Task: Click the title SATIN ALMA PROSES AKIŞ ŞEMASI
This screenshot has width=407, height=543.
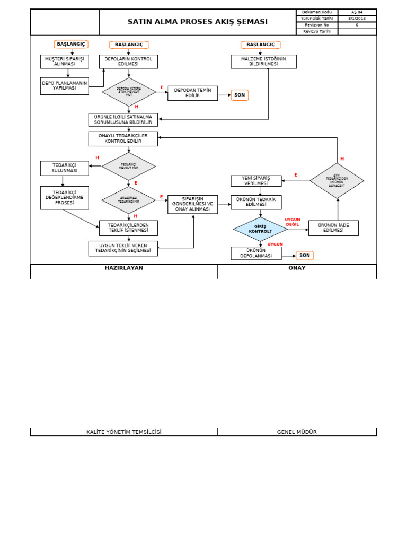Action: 198,22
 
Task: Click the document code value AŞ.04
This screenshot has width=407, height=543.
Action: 357,12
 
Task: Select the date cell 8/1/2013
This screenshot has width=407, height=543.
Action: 357,18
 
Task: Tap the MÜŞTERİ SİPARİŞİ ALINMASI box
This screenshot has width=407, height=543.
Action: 65,62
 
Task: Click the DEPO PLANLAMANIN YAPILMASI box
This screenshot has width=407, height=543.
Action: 65,86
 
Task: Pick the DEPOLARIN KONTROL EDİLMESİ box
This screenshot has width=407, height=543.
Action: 128,62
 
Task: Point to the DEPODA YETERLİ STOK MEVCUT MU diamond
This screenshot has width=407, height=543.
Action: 129,92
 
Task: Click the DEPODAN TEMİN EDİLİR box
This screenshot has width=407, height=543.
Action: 192,93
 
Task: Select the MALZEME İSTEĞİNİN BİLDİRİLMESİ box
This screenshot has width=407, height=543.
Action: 263,62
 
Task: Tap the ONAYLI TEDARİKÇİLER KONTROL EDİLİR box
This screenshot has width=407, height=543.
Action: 123,138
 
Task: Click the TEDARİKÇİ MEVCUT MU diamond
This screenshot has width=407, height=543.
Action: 128,167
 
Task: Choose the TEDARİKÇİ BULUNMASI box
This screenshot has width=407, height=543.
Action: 65,168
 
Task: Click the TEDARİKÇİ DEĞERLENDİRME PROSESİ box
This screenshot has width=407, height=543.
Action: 65,198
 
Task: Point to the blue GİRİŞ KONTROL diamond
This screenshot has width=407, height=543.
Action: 260,229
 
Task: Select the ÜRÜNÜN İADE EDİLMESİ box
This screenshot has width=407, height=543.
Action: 333,228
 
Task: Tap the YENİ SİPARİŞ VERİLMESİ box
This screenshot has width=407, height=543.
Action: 256,181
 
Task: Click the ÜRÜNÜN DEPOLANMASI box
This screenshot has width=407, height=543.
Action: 256,253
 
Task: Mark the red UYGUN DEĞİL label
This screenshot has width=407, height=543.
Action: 293,222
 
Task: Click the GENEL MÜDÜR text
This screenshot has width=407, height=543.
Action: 297,432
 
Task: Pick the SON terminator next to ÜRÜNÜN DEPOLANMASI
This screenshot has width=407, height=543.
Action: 304,256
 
